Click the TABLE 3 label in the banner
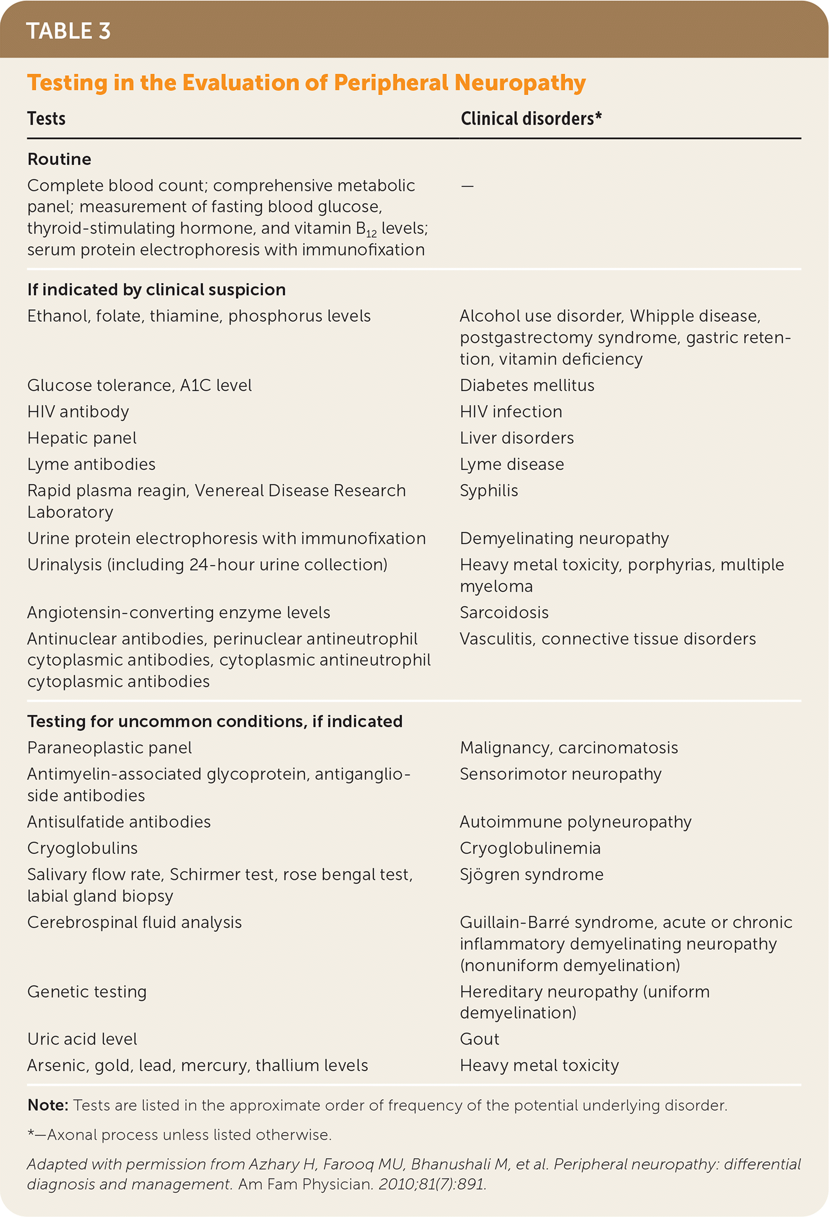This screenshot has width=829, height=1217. [x=68, y=31]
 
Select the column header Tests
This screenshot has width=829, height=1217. [x=46, y=119]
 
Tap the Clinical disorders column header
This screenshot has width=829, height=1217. [x=531, y=119]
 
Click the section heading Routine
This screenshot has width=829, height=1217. [x=59, y=159]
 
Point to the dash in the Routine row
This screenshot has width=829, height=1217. [x=467, y=186]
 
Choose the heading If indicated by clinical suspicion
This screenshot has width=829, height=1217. [x=156, y=290]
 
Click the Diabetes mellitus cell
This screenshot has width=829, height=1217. [x=527, y=386]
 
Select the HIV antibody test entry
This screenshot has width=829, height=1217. [x=78, y=412]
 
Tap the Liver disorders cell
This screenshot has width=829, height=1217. [x=516, y=438]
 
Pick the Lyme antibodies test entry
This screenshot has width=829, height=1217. [x=91, y=464]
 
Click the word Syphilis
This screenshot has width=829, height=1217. [x=489, y=491]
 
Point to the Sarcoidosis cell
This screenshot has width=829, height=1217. [x=504, y=613]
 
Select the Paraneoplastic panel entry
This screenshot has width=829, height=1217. [x=109, y=748]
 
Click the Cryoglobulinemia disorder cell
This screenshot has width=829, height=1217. [x=530, y=848]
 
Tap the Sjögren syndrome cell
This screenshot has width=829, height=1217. [x=532, y=875]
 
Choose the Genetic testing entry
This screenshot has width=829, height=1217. [x=87, y=992]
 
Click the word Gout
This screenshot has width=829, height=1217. [x=480, y=1039]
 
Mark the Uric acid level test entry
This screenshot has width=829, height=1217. [x=82, y=1039]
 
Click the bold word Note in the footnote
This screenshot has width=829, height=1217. [x=47, y=1106]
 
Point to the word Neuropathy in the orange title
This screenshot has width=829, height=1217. [x=520, y=83]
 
